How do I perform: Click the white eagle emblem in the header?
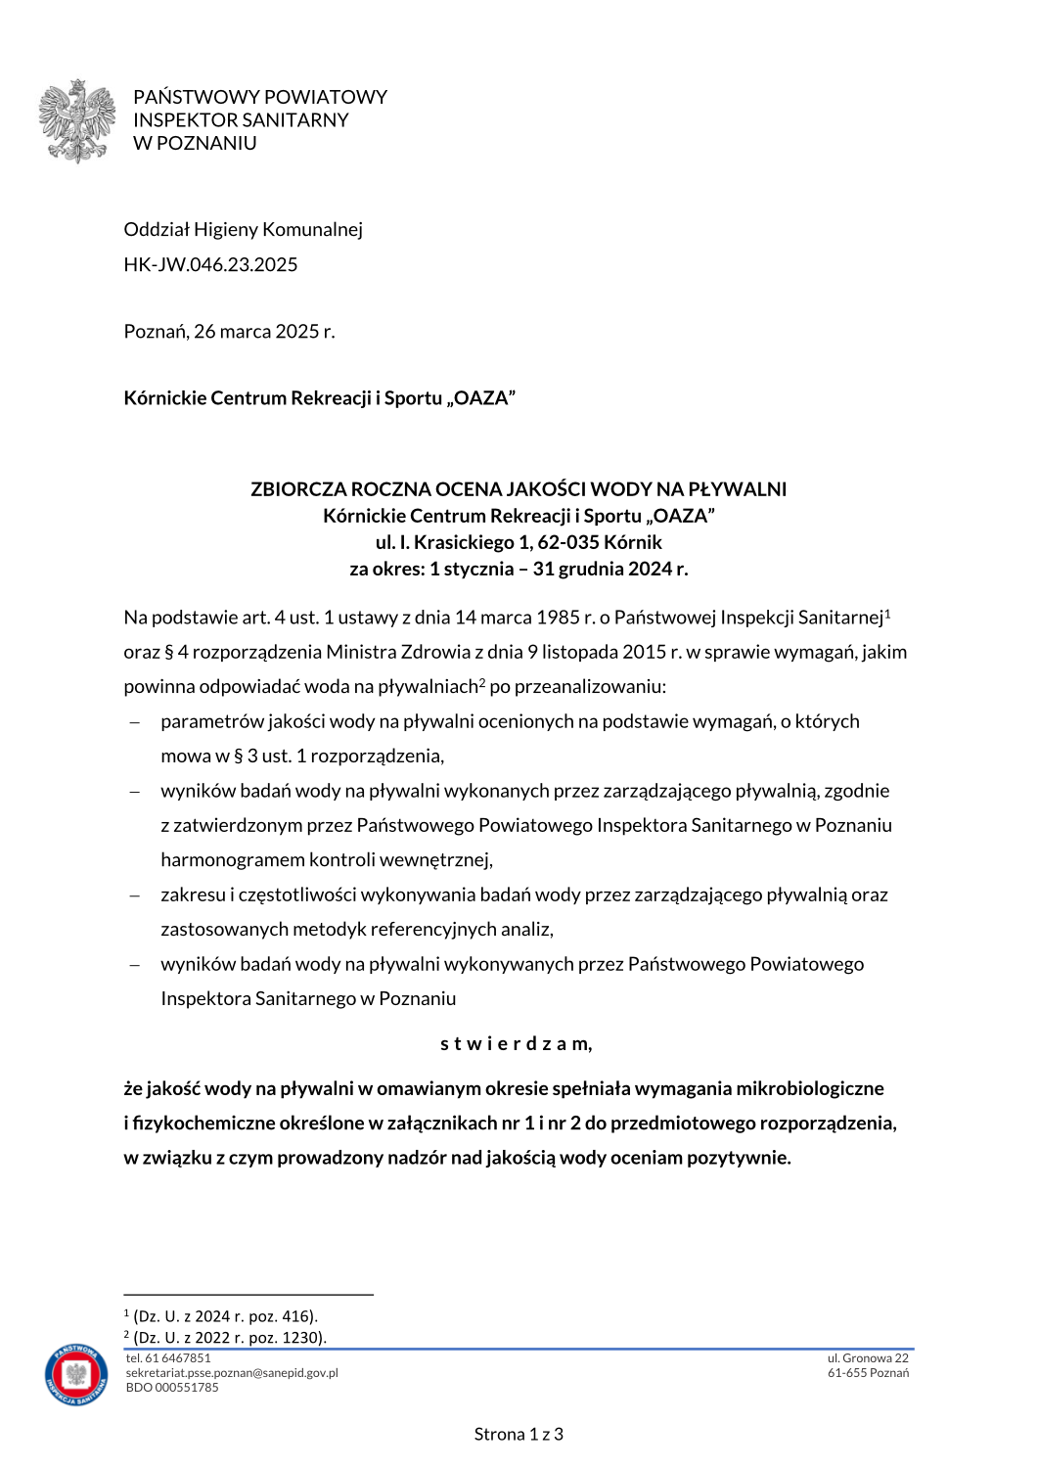tap(77, 120)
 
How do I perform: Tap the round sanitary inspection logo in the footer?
tap(76, 1374)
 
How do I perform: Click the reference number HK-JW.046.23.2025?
tap(210, 264)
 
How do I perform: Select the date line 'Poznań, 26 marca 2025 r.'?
tap(229, 331)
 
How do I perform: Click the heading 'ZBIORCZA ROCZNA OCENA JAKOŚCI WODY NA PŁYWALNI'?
tap(519, 489)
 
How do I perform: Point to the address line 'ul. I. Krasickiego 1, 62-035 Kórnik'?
tap(519, 542)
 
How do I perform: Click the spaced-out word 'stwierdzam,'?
tap(516, 1043)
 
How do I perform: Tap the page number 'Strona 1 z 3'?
tap(519, 1434)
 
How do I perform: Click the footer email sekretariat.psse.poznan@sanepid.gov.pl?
tap(232, 1373)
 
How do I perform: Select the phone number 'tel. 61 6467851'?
tap(168, 1358)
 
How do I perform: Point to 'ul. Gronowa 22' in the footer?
tap(868, 1358)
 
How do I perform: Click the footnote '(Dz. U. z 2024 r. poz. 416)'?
tap(225, 1316)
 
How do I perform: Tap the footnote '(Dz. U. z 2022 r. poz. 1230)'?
tap(230, 1337)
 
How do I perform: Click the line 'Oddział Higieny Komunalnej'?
tap(243, 229)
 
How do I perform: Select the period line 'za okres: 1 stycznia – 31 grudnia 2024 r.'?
tap(519, 569)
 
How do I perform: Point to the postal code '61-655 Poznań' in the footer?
tap(868, 1373)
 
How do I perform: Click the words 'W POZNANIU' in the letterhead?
tap(195, 143)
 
